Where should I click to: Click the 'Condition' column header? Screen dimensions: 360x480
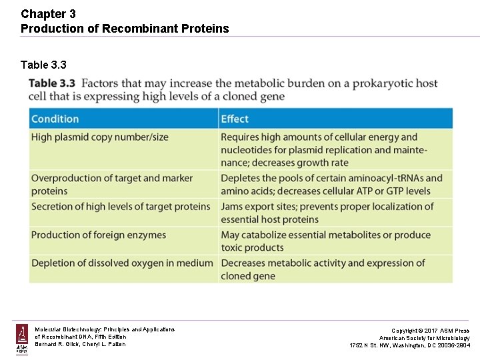click(55, 119)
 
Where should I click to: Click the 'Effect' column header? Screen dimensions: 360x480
click(235, 119)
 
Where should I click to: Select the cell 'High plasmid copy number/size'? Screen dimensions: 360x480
click(100, 137)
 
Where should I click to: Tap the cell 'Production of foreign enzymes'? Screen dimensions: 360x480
click(99, 235)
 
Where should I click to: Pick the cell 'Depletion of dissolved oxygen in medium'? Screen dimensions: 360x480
click(122, 263)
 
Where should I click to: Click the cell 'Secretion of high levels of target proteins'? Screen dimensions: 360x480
click(121, 207)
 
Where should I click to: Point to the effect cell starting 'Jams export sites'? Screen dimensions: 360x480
click(327, 213)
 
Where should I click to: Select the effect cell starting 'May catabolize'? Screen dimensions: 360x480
click(325, 241)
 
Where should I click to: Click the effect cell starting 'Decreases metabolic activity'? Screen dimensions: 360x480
click(323, 269)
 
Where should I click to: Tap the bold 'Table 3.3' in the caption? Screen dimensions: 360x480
click(52, 83)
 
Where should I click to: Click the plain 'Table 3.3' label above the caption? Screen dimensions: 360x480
click(43, 65)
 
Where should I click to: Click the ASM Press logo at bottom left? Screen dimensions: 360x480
click(22, 339)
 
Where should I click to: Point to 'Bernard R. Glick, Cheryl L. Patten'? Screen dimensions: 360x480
click(80, 345)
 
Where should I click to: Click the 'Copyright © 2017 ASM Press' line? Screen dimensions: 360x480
click(430, 331)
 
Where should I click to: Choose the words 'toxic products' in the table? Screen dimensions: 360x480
click(253, 247)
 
